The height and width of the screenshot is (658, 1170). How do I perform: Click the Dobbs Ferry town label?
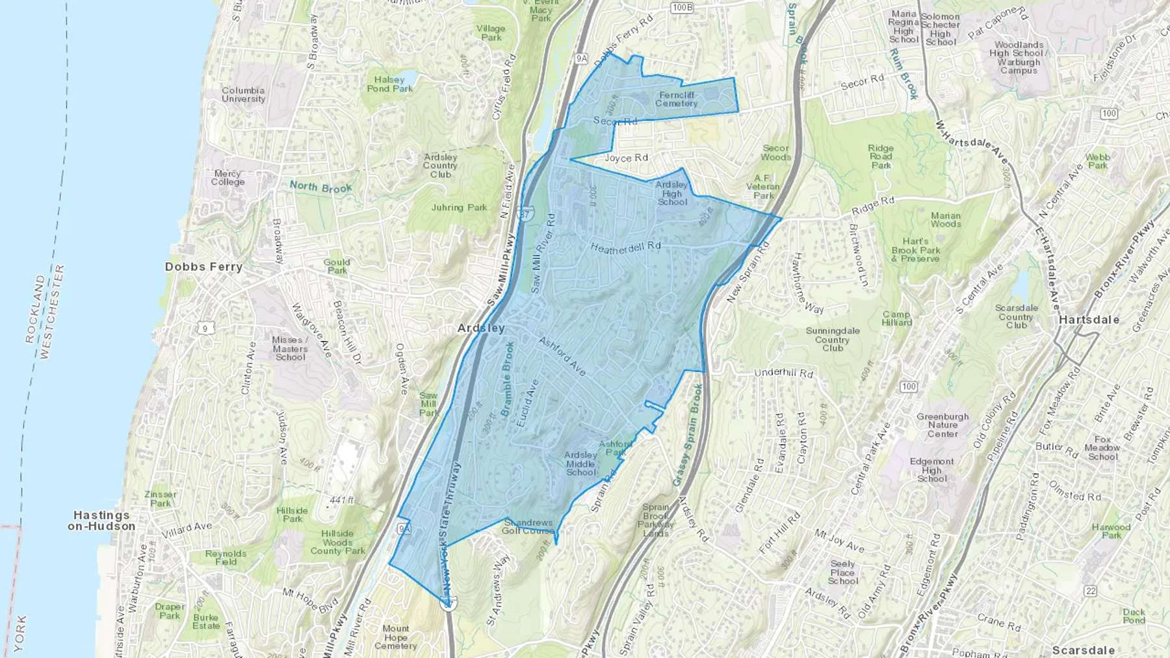[203, 267]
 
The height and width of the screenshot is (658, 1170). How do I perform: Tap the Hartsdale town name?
[1089, 320]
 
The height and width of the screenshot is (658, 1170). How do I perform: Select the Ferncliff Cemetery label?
[677, 99]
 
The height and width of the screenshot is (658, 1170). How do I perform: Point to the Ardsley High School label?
[671, 194]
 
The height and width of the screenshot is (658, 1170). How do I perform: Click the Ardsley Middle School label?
[580, 464]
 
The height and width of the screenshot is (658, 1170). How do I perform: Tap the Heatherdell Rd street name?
[625, 247]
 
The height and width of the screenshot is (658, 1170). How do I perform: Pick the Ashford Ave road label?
[562, 356]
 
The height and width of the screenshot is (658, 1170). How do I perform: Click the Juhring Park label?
[459, 208]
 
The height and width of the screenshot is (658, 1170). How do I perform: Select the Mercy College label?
[227, 178]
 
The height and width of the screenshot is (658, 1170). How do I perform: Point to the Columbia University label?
[243, 95]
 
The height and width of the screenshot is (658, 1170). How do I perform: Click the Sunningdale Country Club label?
[833, 340]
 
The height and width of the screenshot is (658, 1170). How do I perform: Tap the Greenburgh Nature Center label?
[942, 425]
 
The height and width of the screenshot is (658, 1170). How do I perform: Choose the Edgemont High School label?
[932, 470]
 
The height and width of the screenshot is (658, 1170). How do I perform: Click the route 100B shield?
[682, 8]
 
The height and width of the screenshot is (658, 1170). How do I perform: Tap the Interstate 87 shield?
[525, 213]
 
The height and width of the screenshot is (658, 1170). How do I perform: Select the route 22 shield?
[1090, 590]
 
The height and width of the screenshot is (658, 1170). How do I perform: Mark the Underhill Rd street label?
[783, 373]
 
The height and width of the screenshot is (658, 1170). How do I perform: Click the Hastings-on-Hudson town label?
[102, 521]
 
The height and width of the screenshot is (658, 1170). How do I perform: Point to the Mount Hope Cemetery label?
[395, 637]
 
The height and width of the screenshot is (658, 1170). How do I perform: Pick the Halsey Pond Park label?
[389, 84]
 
